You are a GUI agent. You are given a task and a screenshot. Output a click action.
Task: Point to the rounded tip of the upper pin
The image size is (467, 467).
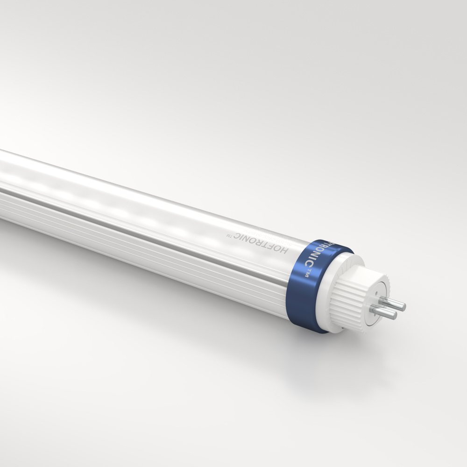click(403, 307)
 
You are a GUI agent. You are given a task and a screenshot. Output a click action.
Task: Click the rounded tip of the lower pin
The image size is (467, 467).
click(394, 316)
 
